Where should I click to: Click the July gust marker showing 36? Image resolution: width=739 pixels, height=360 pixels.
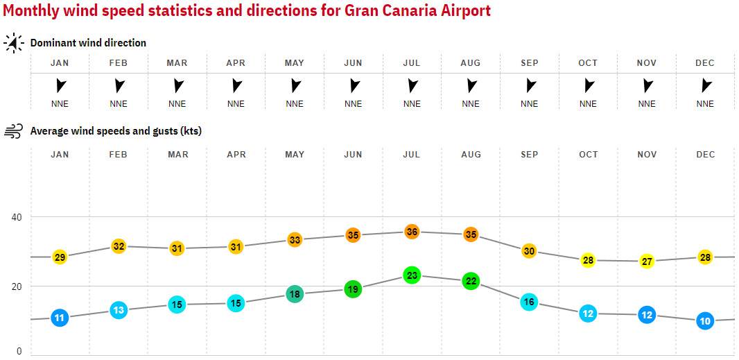click(412, 232)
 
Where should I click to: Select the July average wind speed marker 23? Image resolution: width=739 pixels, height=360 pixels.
click(412, 275)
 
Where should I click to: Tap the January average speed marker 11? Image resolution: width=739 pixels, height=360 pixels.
click(60, 318)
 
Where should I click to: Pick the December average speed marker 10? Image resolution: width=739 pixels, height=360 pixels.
click(705, 321)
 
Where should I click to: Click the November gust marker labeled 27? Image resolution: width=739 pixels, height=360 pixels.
click(647, 262)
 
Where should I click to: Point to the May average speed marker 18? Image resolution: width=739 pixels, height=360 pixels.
click(295, 293)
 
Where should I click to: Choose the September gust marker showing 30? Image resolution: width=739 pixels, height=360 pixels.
click(529, 251)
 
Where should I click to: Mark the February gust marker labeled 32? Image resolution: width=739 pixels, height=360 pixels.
click(119, 246)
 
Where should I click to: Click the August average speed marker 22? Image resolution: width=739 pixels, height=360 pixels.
click(471, 281)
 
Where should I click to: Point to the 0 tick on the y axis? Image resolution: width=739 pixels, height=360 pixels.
click(19, 351)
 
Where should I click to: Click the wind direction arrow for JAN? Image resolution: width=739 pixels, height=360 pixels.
click(60, 85)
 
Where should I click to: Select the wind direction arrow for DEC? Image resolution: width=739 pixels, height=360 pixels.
click(706, 85)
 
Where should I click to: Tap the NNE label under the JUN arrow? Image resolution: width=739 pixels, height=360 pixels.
click(353, 104)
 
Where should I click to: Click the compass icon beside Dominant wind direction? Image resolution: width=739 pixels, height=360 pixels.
click(14, 43)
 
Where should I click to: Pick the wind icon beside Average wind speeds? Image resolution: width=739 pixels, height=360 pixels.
click(14, 131)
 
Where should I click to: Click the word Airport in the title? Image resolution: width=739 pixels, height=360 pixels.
click(464, 10)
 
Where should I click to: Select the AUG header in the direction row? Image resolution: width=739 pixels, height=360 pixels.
click(471, 63)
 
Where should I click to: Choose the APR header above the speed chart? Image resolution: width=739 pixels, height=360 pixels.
click(236, 154)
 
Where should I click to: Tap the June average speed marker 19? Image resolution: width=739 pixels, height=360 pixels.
click(353, 289)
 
